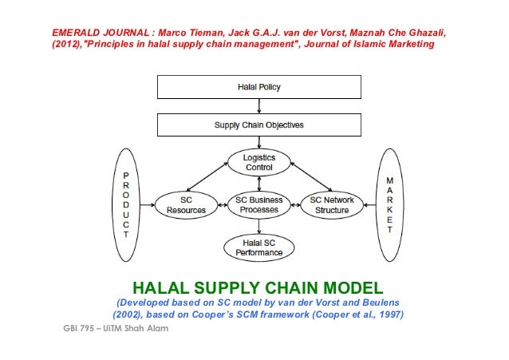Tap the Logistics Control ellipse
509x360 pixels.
258,163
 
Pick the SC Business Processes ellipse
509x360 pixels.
258,204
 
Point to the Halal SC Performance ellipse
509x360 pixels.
258,247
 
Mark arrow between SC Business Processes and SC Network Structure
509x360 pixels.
295,204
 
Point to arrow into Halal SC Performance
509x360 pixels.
258,226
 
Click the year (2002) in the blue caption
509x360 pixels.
129,315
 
